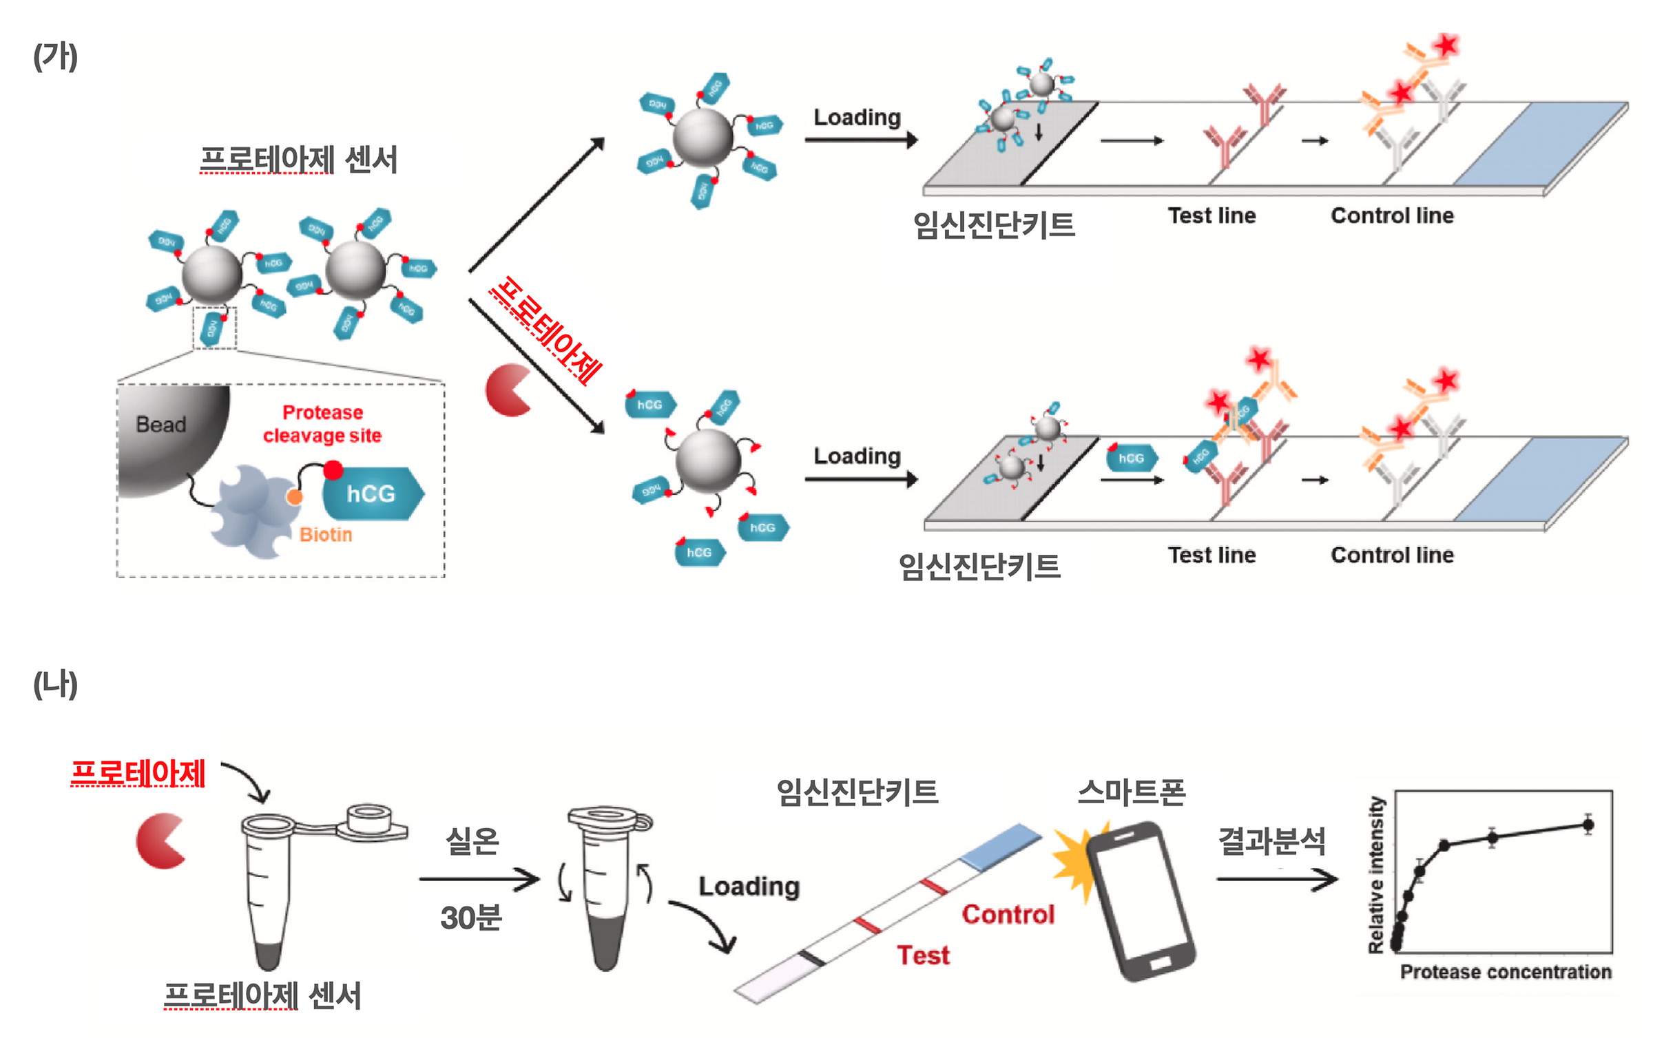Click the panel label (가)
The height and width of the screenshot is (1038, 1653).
55,56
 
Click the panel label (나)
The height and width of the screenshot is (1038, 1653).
55,684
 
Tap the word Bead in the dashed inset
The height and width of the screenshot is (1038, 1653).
161,425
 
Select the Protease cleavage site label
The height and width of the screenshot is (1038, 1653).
322,424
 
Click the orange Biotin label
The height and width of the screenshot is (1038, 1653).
326,535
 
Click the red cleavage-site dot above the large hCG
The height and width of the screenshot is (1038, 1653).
333,470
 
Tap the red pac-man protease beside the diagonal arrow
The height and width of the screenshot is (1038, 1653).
508,390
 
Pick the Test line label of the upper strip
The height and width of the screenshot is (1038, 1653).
1212,215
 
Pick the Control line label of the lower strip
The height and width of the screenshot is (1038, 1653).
1392,555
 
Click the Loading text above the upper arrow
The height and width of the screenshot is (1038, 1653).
857,118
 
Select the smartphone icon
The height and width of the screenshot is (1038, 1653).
1140,900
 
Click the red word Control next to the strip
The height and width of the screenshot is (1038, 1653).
1008,914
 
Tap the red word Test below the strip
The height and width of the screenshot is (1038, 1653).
923,955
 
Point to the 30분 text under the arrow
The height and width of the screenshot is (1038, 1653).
471,918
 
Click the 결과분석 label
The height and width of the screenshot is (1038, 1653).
1271,840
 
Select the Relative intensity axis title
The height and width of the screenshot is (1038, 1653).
1376,874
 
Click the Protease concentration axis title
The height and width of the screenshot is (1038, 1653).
1506,972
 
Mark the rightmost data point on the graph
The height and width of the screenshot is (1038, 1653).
1588,825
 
